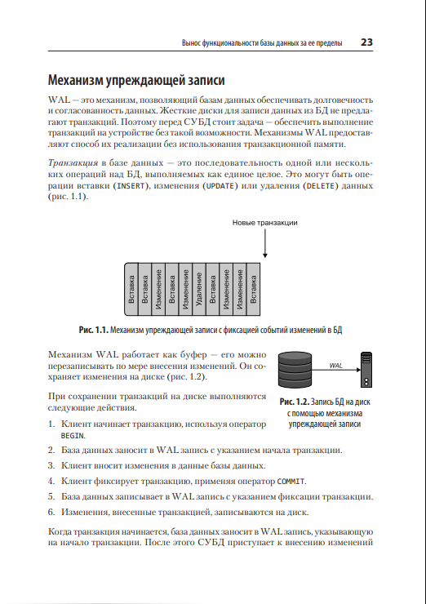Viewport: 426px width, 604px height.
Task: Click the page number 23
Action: [366, 42]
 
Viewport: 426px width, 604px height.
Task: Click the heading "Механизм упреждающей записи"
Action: [136, 80]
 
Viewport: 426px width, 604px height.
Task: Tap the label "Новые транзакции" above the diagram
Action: [265, 223]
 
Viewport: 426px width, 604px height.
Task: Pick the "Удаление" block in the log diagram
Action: [199, 289]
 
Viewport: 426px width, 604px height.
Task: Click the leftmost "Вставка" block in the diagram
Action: [131, 289]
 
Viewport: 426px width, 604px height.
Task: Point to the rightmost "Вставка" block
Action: [254, 289]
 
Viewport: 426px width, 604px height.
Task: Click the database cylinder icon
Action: [295, 370]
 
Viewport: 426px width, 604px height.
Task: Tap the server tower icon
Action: [366, 370]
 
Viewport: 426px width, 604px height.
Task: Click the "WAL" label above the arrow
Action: [336, 366]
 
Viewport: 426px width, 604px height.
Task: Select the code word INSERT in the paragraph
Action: [131, 186]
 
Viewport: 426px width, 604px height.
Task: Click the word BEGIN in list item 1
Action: [72, 436]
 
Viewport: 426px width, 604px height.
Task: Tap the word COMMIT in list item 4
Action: [291, 481]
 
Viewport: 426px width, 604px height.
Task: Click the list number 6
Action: [51, 512]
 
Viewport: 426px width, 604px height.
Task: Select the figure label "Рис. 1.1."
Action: [93, 330]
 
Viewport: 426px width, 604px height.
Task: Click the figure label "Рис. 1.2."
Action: [295, 402]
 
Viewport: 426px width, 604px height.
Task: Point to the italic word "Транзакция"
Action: [73, 163]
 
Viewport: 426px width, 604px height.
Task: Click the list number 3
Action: [51, 465]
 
